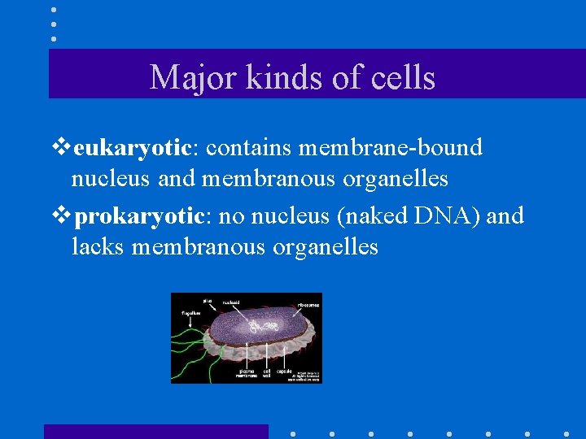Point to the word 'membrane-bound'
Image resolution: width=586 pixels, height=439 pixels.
coord(391,148)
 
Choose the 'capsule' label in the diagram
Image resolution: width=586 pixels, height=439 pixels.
coord(284,371)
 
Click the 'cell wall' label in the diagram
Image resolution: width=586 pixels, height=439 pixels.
coord(266,373)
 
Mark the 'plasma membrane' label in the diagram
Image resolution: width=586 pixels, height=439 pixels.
coord(247,373)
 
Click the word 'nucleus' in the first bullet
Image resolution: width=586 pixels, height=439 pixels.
coord(103,177)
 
